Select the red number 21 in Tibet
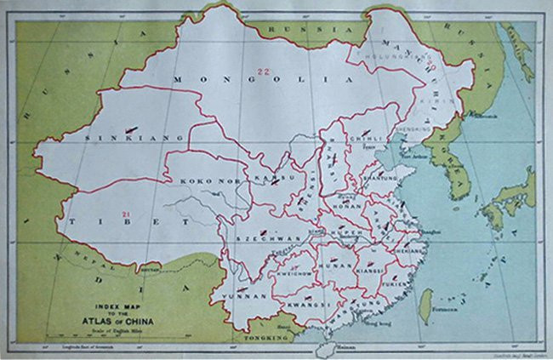click(x=127, y=211)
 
